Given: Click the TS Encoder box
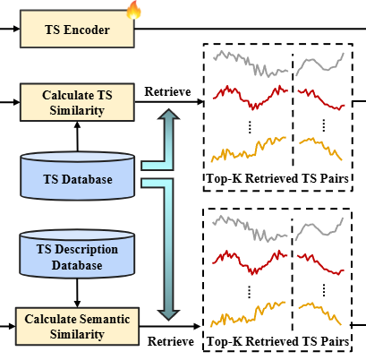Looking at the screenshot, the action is [x=77, y=29].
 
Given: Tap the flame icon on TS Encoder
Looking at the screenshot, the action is [x=133, y=10].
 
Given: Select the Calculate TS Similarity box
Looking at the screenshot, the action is [x=77, y=102].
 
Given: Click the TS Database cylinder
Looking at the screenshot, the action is [x=77, y=176].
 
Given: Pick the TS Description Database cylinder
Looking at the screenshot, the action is [x=77, y=254].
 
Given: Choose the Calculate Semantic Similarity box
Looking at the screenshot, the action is [x=77, y=326].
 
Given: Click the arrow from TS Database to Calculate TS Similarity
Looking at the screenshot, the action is [x=77, y=137].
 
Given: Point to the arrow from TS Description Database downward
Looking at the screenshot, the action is [x=77, y=293].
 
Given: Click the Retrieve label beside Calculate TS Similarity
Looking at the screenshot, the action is [x=167, y=91].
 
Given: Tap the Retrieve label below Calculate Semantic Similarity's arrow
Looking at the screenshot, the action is [x=171, y=341].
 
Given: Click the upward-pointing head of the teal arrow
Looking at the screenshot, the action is [x=168, y=115].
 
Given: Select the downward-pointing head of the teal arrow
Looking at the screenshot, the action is [x=168, y=315].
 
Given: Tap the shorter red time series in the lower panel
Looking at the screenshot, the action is [x=320, y=264].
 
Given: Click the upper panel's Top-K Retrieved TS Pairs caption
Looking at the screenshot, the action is [x=277, y=178].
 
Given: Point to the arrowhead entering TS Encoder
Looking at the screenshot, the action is [x=17, y=29].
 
